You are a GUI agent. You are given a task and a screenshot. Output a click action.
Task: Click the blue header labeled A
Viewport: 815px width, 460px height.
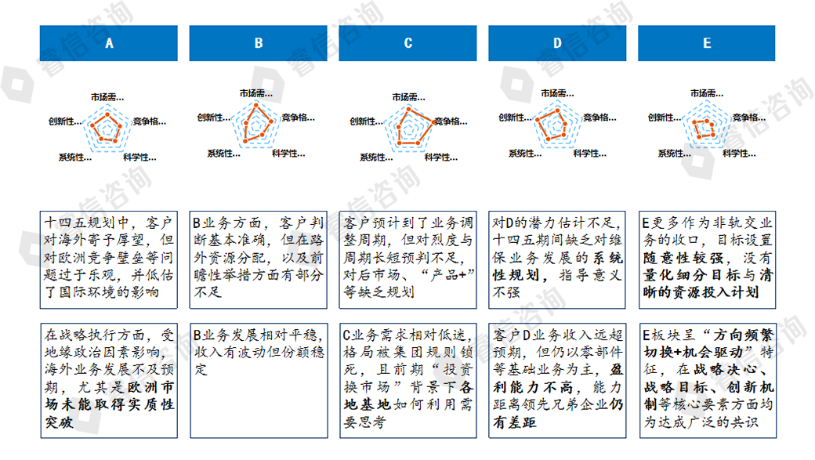[108, 43]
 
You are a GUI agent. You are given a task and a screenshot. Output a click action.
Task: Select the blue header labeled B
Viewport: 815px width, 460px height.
[259, 43]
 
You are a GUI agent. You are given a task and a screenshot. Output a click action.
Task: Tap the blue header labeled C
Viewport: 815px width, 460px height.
[408, 43]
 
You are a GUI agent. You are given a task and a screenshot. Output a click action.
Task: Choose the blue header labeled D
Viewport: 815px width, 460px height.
[557, 43]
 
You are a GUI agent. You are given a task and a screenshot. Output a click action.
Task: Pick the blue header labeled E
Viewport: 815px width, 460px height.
[707, 43]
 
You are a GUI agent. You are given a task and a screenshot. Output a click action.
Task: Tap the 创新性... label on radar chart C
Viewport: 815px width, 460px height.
[366, 121]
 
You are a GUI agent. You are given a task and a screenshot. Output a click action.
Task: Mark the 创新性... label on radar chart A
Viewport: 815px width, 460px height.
[64, 121]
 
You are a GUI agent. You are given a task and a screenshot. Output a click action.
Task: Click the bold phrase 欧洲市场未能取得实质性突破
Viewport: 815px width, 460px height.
[110, 405]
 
